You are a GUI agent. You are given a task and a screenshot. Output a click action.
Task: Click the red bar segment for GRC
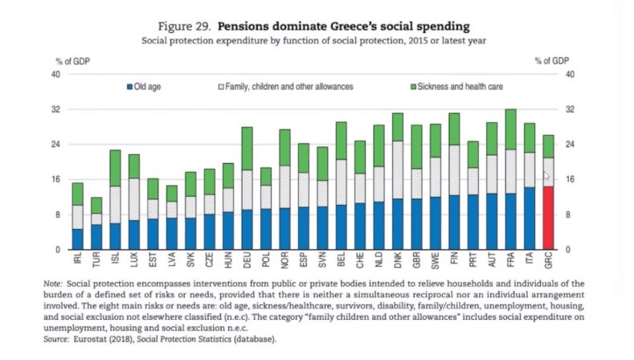coord(548,218)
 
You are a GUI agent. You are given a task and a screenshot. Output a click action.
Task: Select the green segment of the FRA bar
coord(510,129)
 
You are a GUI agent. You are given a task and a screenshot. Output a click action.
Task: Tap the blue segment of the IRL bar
coord(78,239)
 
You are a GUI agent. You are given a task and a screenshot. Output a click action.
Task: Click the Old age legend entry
coord(148,86)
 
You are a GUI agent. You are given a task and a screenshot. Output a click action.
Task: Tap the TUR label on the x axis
coord(97,262)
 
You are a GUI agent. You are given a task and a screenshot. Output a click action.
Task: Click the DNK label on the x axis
coord(398,262)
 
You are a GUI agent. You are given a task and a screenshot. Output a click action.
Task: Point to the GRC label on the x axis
coord(548,262)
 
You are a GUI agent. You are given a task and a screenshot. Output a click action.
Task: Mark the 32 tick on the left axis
coord(56,109)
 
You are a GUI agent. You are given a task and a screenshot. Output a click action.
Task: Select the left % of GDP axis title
coord(72,61)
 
